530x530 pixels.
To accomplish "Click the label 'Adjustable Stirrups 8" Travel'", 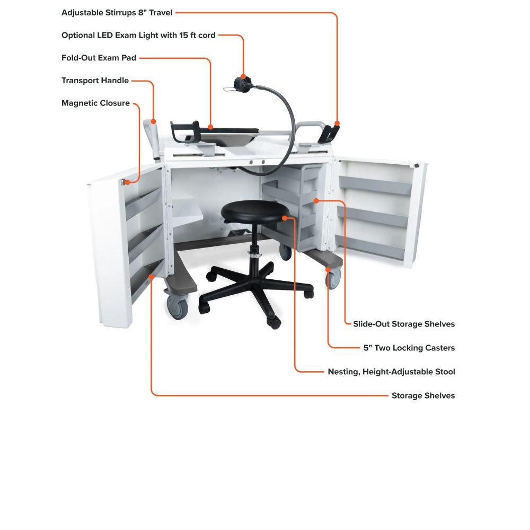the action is (117, 13).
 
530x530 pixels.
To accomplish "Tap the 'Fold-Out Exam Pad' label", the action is (99, 58).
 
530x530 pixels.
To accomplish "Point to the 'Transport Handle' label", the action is (95, 81).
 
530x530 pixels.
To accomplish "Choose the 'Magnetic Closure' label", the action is (95, 103).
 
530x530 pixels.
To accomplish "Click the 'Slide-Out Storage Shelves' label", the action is (404, 324).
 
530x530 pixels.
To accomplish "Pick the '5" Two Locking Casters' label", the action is (409, 348).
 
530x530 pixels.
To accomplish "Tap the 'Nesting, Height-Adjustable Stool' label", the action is (392, 372).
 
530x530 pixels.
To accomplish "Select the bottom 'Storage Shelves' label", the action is (423, 395).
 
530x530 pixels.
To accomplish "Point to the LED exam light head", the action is (243, 84).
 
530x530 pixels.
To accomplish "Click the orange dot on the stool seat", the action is (285, 218).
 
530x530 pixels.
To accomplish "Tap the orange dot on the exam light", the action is (243, 76).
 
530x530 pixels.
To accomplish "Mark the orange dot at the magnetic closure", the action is (127, 182).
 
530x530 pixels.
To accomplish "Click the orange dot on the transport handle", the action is (154, 121).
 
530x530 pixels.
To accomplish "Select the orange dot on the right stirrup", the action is (337, 123).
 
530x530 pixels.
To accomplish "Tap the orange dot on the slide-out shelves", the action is (316, 201).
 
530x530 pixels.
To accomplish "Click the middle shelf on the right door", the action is (373, 217).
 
